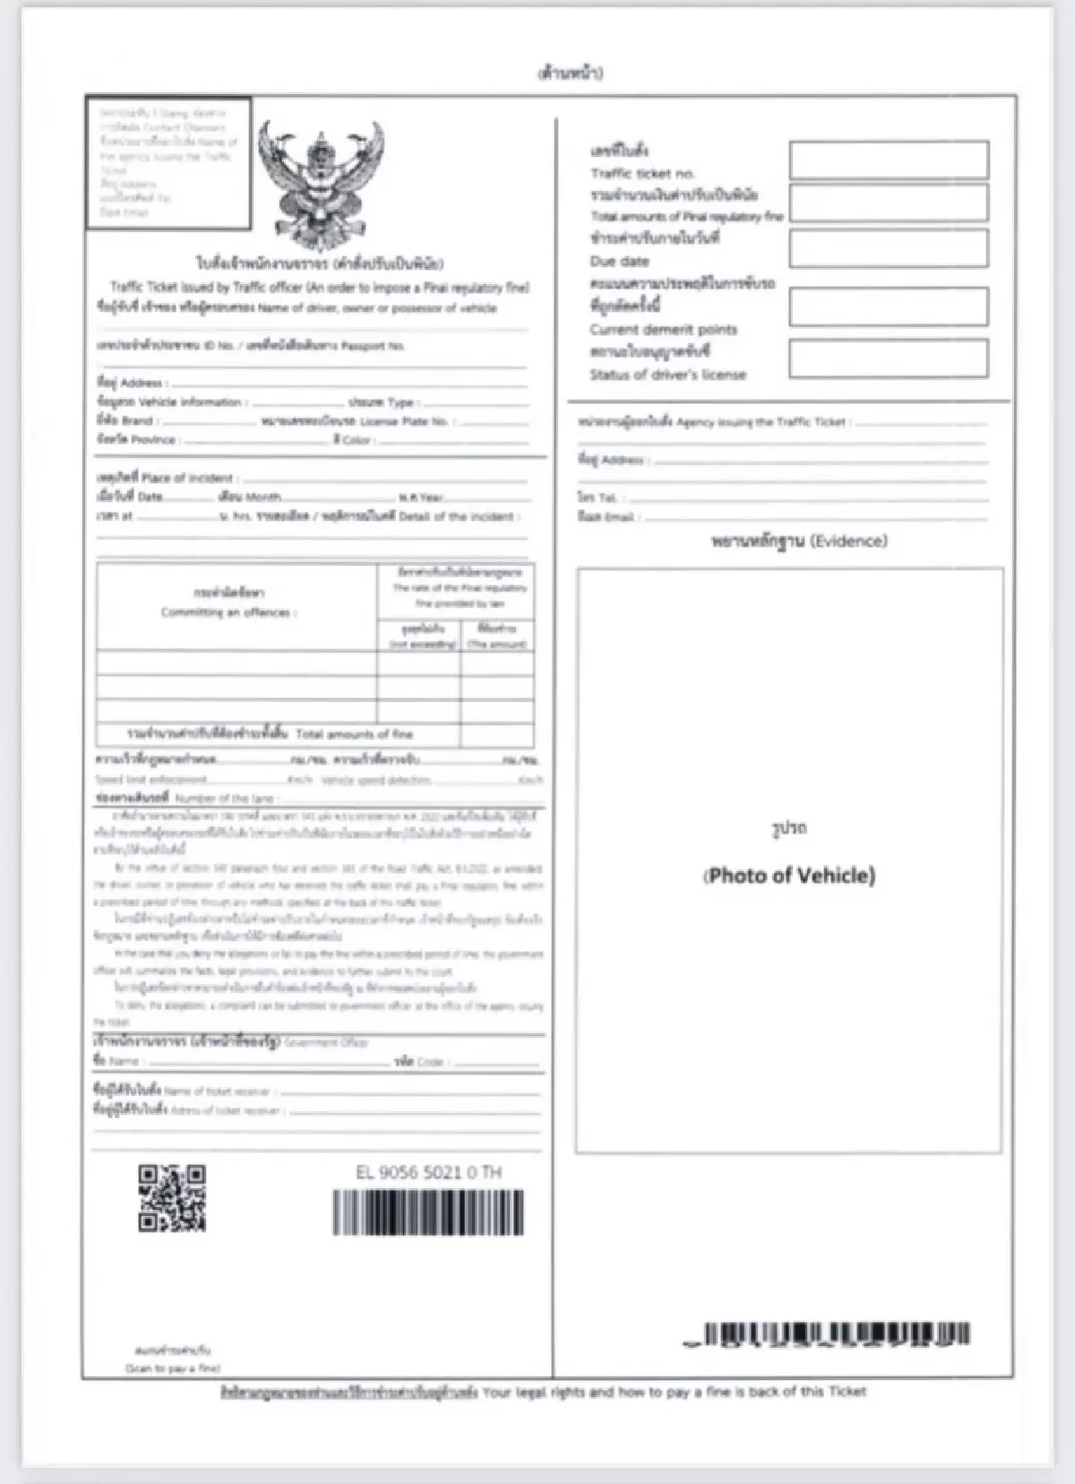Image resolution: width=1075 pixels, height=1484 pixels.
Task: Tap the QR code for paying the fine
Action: [x=172, y=1198]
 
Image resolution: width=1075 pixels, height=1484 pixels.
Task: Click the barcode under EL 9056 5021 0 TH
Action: [x=428, y=1212]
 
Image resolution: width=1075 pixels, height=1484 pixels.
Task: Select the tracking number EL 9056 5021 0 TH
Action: [x=428, y=1172]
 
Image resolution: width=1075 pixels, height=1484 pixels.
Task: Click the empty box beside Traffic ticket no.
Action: [x=889, y=160]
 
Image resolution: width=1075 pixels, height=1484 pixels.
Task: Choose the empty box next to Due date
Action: [x=889, y=248]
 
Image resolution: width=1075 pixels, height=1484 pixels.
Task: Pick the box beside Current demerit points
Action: [x=889, y=306]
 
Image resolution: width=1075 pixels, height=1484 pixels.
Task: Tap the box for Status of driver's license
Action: [x=889, y=358]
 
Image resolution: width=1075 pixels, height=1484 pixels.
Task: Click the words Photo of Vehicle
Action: [x=789, y=876]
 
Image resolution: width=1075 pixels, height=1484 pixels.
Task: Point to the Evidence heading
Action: [x=799, y=541]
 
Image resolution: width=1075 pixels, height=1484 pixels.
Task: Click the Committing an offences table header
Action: [x=228, y=612]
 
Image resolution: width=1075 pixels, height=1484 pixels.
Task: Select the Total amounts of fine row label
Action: [x=354, y=734]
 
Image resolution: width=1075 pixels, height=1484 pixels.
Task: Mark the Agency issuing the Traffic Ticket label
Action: [x=761, y=422]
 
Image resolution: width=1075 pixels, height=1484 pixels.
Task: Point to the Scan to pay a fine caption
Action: [x=172, y=1368]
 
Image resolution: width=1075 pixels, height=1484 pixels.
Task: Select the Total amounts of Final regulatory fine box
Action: [x=889, y=203]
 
